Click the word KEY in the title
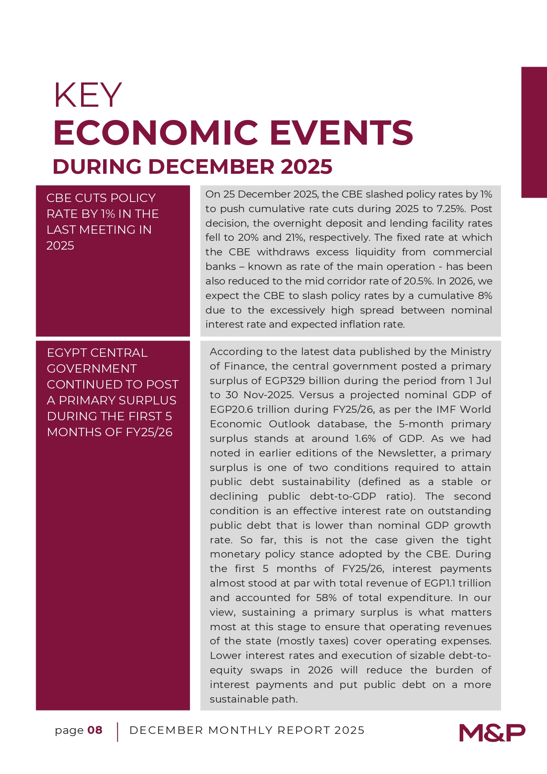87,95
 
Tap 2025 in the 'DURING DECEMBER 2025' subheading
306,167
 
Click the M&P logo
492,733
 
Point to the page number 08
95,730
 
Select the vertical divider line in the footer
118,732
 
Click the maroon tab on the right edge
534,132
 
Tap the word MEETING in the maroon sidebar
115,230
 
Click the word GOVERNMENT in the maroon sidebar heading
92,369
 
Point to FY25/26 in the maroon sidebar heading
149,432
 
